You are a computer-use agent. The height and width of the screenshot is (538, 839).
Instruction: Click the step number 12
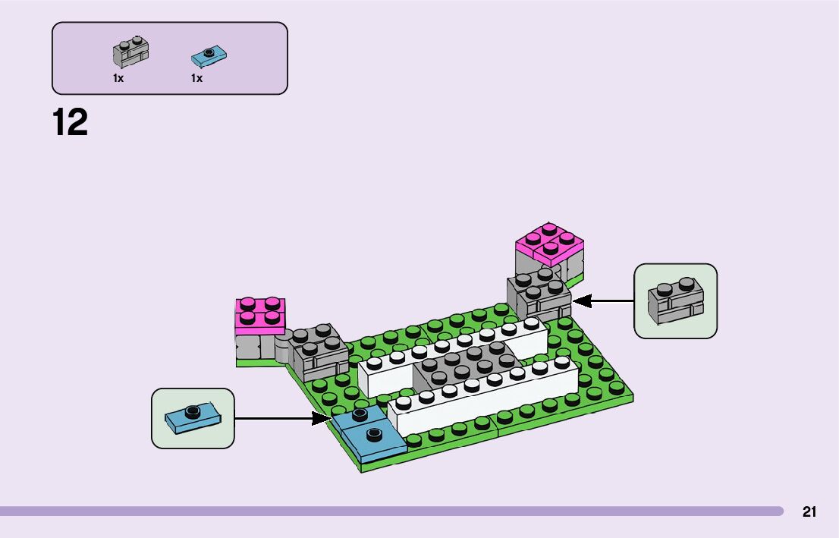click(71, 122)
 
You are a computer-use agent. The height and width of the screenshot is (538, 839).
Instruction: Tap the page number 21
click(809, 512)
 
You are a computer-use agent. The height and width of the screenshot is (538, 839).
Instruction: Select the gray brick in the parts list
click(130, 52)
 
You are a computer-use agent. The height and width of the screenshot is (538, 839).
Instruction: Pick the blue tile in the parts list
click(209, 55)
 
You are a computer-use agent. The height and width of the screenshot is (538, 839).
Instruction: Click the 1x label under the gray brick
click(118, 78)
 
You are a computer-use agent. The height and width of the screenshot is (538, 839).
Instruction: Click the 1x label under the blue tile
click(196, 78)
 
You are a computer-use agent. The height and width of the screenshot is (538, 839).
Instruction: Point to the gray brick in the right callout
click(676, 301)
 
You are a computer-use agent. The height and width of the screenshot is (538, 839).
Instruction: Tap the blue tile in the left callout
click(193, 418)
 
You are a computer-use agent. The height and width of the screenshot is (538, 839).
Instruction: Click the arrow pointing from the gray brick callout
click(604, 301)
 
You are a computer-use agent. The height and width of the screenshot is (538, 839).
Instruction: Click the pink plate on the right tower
click(549, 243)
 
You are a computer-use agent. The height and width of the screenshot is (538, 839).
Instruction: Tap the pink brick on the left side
click(259, 315)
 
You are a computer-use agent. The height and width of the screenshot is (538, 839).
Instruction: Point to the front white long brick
click(485, 398)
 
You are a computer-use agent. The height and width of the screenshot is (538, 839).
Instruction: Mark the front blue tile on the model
click(374, 440)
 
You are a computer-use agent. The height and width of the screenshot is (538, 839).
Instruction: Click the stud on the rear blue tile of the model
click(360, 413)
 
